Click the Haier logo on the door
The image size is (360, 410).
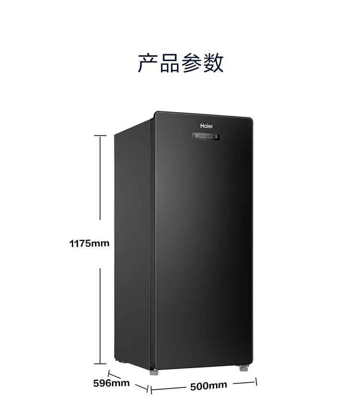tap(206, 126)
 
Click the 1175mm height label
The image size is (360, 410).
tap(89, 243)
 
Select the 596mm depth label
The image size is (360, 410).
tap(111, 383)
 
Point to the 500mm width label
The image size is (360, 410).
tap(208, 386)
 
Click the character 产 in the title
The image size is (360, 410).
tap(148, 63)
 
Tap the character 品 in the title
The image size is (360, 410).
tap(169, 63)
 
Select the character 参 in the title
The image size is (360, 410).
tap(191, 63)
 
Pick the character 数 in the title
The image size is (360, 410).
tap(213, 63)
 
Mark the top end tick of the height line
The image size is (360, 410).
tap(100, 136)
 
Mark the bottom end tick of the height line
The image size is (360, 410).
tap(100, 364)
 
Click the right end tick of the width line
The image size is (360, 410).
tap(256, 382)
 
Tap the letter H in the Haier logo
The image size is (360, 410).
tap(202, 126)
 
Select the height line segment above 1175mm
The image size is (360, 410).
tap(100, 178)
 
